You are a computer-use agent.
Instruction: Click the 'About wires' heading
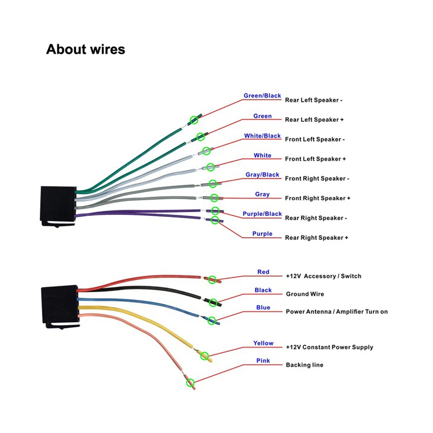click(86, 49)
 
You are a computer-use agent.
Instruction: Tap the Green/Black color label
click(263, 96)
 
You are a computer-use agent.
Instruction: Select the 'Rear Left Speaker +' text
click(314, 120)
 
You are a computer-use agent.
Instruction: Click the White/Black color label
click(263, 136)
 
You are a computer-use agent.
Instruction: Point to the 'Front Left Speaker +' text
click(316, 159)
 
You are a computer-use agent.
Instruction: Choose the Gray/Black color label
click(263, 175)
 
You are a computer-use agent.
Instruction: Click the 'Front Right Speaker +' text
click(318, 198)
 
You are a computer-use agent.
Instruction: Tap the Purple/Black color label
click(263, 214)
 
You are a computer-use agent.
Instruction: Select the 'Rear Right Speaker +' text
click(317, 238)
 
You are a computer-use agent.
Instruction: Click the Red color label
click(263, 272)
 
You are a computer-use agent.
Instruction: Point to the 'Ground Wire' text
click(305, 294)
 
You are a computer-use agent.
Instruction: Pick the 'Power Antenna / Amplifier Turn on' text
click(337, 312)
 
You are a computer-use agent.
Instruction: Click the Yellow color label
click(263, 343)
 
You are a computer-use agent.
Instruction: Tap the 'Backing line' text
click(305, 365)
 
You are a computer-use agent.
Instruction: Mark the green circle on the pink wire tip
click(190, 383)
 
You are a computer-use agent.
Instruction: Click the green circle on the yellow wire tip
click(205, 355)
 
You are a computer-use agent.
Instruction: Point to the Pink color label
click(263, 361)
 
